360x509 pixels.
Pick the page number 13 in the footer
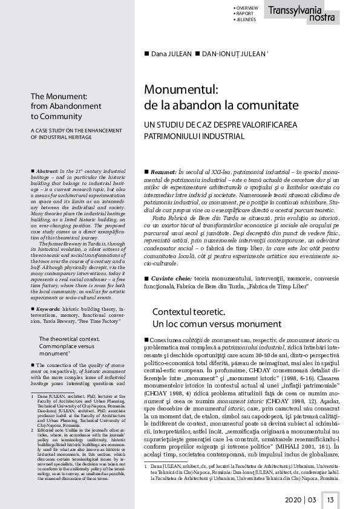click(330, 499)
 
